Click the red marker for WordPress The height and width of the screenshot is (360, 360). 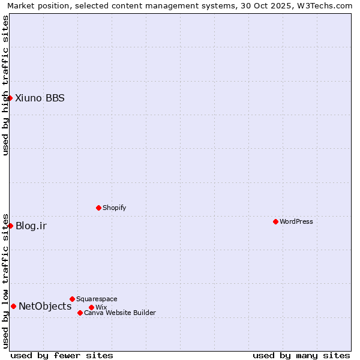pyautogui.click(x=275, y=221)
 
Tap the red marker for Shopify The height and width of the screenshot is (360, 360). pyautogui.click(x=98, y=208)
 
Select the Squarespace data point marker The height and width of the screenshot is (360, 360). pyautogui.click(x=72, y=299)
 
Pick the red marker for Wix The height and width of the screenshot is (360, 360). pyautogui.click(x=91, y=307)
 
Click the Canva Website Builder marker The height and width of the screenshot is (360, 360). pyautogui.click(x=80, y=313)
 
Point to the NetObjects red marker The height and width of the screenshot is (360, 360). pyautogui.click(x=13, y=306)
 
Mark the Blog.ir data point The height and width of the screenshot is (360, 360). pyautogui.click(x=10, y=226)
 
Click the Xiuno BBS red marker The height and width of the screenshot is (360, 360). pyautogui.click(x=10, y=98)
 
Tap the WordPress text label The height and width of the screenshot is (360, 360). pyautogui.click(x=296, y=221)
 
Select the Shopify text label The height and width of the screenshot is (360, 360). pyautogui.click(x=114, y=208)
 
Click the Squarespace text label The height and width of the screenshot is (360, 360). pyautogui.click(x=97, y=299)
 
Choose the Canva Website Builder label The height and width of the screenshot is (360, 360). pyautogui.click(x=119, y=313)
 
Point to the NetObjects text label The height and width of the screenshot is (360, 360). pyautogui.click(x=45, y=306)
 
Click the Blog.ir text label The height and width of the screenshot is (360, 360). pyautogui.click(x=31, y=226)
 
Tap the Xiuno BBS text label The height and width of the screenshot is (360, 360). pyautogui.click(x=40, y=98)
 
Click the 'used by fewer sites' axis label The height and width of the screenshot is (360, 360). pyautogui.click(x=62, y=355)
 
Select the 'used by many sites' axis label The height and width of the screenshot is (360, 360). pyautogui.click(x=301, y=355)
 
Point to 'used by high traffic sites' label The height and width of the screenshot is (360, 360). pyautogui.click(x=5, y=85)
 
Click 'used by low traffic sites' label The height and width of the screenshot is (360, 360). pyautogui.click(x=5, y=280)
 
